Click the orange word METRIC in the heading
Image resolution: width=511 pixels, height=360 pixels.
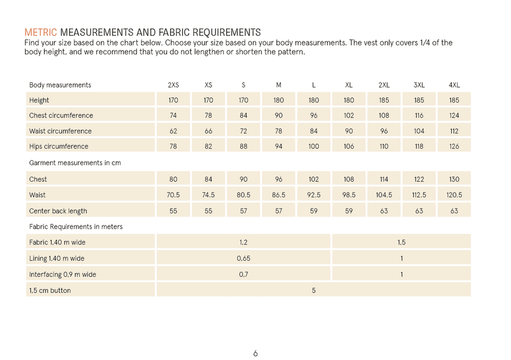(x=41, y=33)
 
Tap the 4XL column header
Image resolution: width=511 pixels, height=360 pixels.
(x=454, y=85)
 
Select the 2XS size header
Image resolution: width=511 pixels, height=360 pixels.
(x=173, y=85)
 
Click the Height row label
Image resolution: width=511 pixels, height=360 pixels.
(x=39, y=100)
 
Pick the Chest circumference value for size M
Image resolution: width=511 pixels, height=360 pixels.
(x=278, y=115)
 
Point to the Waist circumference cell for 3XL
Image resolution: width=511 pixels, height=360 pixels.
(x=419, y=131)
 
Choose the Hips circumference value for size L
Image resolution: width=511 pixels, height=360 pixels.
(x=313, y=146)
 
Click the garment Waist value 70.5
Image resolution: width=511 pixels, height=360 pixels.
(x=173, y=195)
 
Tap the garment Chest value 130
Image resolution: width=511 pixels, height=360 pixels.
(x=454, y=179)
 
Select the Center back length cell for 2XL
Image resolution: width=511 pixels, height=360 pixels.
(x=384, y=211)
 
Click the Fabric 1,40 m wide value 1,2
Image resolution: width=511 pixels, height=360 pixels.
(x=243, y=242)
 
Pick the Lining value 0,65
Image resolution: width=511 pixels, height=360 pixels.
(x=243, y=258)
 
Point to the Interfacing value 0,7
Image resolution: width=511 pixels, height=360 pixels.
(x=243, y=274)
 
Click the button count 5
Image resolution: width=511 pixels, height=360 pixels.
(x=313, y=290)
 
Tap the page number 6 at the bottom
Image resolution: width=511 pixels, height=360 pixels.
(x=255, y=354)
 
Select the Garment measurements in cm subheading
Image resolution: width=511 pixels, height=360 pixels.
(x=75, y=163)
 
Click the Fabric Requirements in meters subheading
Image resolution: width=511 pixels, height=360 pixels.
(x=76, y=226)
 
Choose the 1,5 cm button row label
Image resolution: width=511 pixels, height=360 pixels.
(x=50, y=290)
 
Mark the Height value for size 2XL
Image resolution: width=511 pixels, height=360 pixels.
(x=384, y=100)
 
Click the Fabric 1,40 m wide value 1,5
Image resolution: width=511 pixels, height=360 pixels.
(x=401, y=242)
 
